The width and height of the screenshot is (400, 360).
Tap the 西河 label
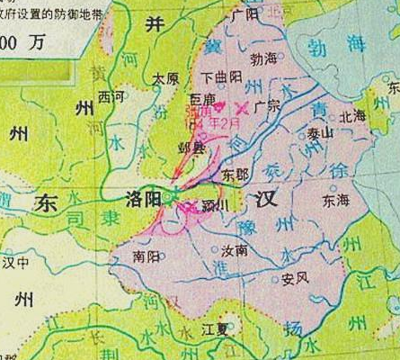click(x=112, y=94)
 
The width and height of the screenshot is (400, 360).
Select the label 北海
click(x=353, y=115)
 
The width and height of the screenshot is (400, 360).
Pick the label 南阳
click(x=147, y=256)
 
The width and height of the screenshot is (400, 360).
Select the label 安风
click(x=295, y=278)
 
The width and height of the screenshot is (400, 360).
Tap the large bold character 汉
click(x=265, y=197)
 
